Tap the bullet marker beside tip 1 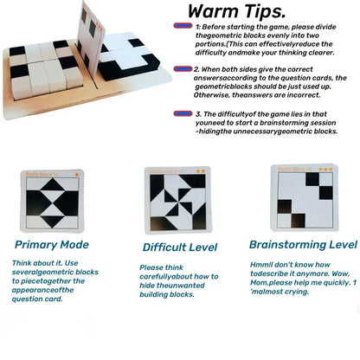coord(182,29)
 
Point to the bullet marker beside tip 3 coord(182,112)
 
